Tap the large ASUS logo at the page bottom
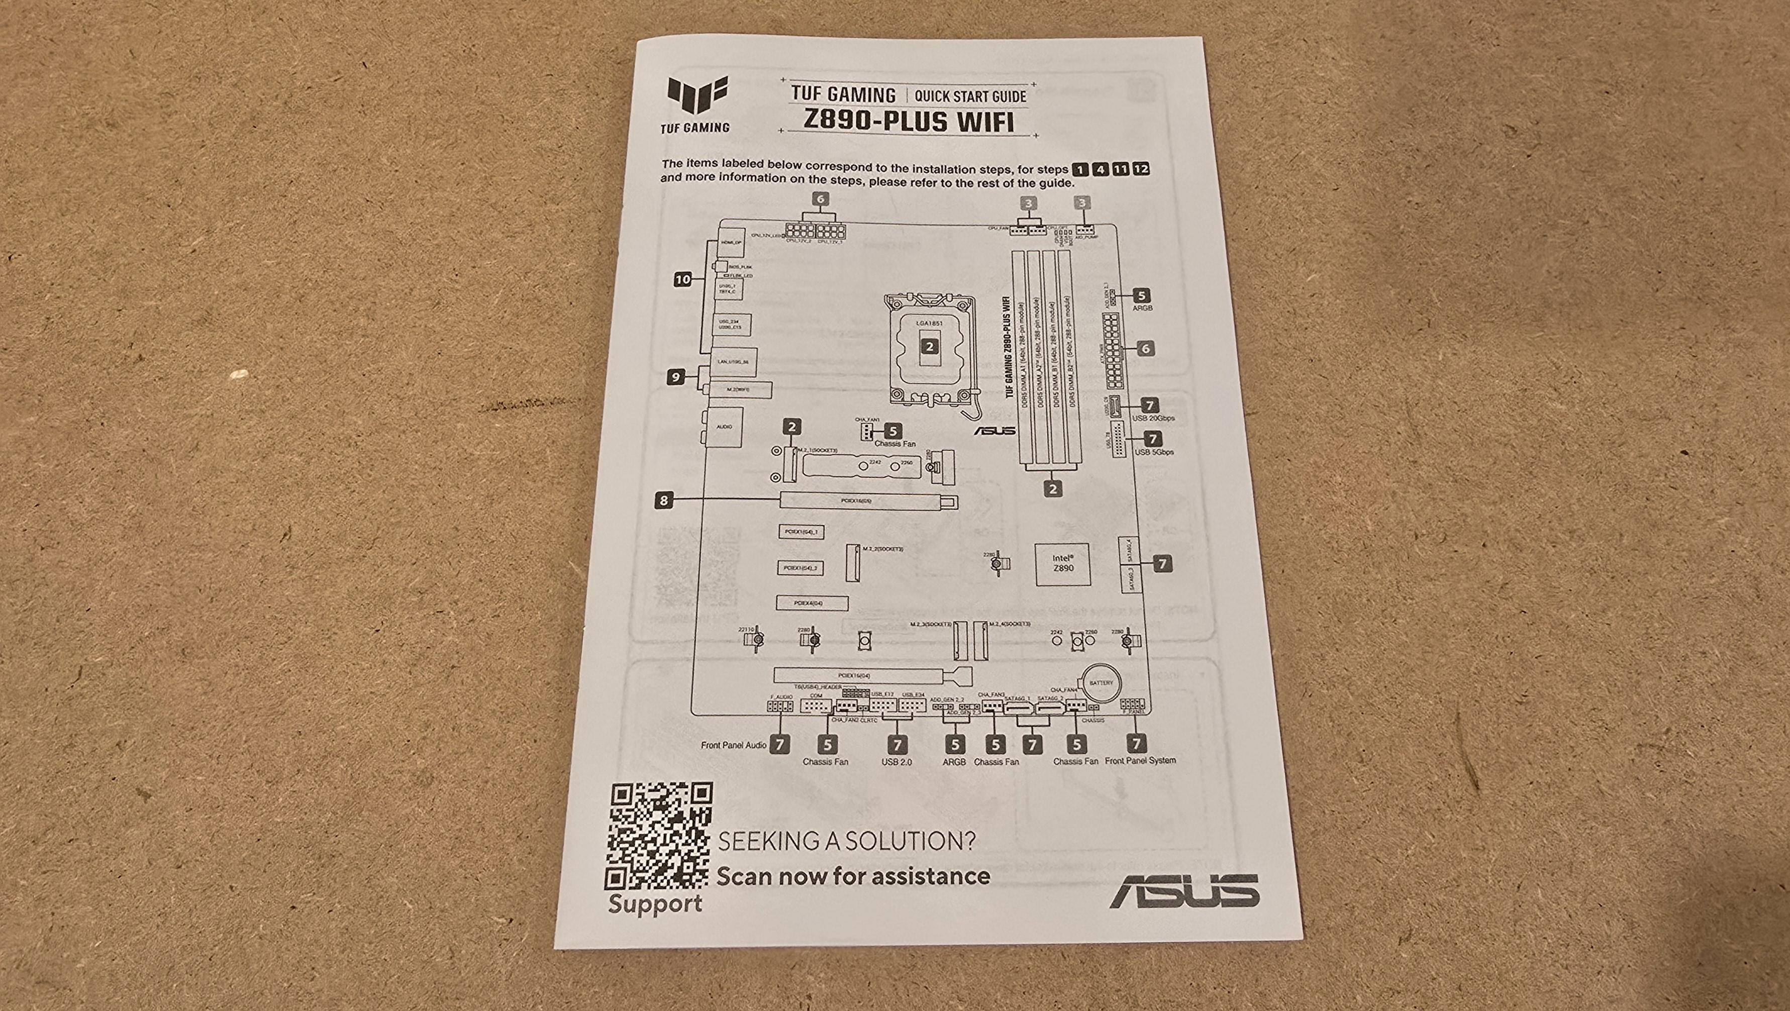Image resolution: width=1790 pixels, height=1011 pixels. point(1183,891)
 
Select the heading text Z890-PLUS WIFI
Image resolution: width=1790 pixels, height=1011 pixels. point(908,122)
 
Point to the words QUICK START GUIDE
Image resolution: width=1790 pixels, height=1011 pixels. point(970,96)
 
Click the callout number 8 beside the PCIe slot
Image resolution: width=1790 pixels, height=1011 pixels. point(664,499)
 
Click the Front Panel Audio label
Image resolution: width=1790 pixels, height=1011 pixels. point(733,745)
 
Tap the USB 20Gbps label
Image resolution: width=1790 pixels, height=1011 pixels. point(1153,418)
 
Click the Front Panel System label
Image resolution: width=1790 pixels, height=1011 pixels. point(1140,760)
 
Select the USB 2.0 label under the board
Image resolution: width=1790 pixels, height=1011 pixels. point(897,762)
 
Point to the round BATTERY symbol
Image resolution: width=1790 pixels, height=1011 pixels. point(1100,683)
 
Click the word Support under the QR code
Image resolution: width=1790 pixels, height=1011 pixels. point(655,904)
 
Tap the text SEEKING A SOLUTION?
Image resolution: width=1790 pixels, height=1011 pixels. point(846,842)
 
